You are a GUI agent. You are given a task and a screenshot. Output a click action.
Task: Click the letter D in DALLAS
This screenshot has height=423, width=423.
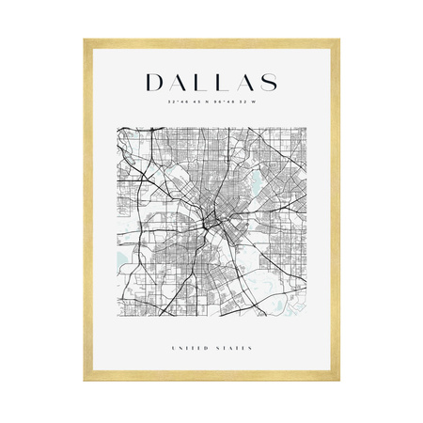158,81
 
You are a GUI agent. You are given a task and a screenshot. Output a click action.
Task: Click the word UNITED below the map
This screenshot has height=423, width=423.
192,348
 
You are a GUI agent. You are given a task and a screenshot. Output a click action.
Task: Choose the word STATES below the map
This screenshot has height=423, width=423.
235,348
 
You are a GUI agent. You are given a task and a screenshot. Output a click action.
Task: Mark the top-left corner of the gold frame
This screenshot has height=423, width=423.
85,39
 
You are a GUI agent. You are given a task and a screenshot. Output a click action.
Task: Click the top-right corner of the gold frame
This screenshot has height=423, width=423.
338,39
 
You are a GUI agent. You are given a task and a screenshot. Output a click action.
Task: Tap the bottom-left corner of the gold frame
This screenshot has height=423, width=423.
85,384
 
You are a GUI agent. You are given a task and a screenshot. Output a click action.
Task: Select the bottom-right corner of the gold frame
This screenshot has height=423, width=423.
338,384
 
